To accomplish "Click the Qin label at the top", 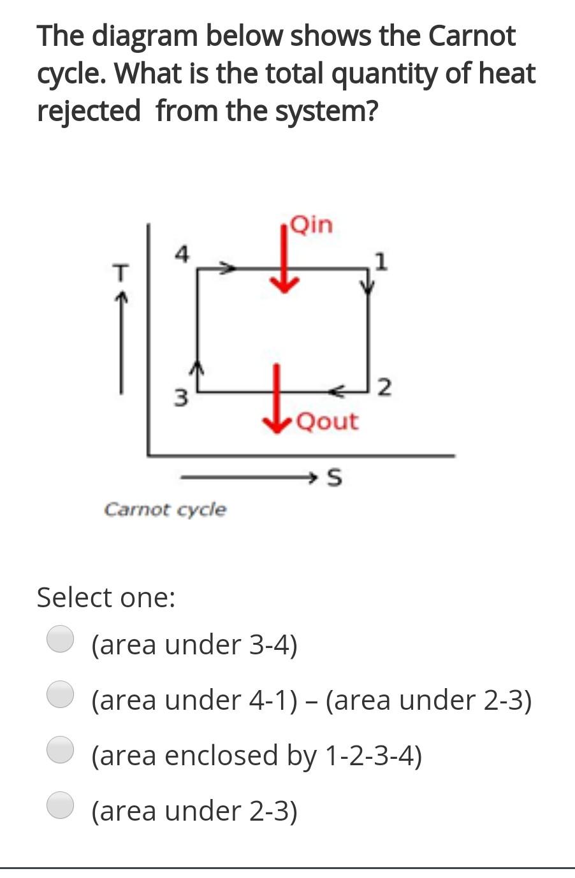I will point(311,225).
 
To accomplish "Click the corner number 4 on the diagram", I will point(182,254).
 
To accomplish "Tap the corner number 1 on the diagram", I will point(381,261).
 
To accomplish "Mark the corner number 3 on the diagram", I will point(182,398).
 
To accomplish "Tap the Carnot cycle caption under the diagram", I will point(164,510).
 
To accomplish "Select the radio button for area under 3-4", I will point(61,639).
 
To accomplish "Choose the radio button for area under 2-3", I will point(61,805).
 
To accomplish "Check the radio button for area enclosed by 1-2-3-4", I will point(61,750).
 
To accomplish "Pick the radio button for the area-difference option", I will point(61,694).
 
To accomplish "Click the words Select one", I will point(106,598).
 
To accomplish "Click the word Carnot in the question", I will point(471,36).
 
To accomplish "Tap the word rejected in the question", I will point(89,111).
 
